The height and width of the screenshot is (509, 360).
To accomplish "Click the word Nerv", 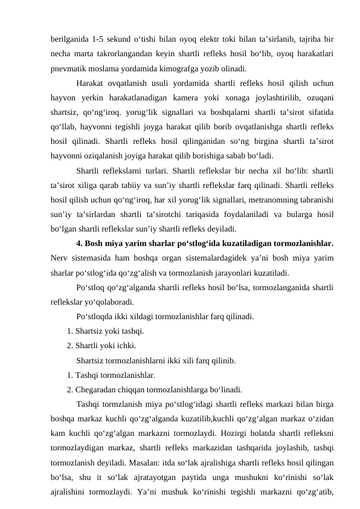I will click(60, 258).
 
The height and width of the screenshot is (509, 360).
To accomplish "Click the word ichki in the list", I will click(124, 346).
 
